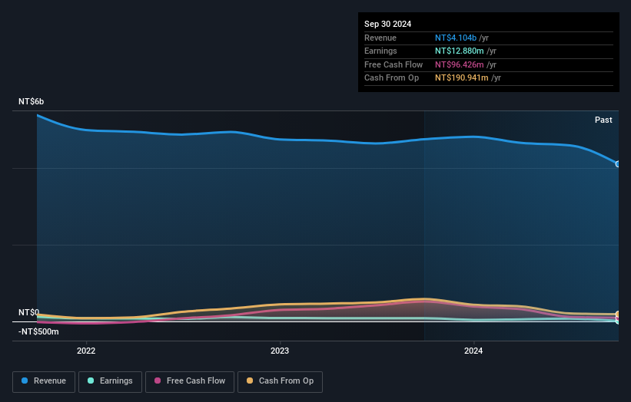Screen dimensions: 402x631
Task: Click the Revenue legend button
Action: click(44, 381)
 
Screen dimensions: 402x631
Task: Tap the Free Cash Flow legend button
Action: click(189, 381)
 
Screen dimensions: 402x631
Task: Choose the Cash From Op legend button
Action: click(280, 381)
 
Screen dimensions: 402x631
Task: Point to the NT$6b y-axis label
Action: click(32, 102)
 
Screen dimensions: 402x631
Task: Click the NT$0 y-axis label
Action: click(28, 312)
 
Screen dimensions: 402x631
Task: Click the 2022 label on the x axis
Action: click(86, 351)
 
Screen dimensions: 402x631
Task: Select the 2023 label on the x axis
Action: click(280, 351)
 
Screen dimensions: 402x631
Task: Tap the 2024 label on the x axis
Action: click(473, 351)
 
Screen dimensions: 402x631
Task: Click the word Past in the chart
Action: click(603, 120)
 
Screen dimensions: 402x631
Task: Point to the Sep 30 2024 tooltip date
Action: click(387, 24)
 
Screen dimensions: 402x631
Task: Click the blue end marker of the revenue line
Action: click(617, 163)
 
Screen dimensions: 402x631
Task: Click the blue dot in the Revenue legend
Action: click(25, 381)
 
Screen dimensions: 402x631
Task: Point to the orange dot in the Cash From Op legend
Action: click(250, 381)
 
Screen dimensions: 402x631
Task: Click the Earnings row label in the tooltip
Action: click(381, 51)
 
